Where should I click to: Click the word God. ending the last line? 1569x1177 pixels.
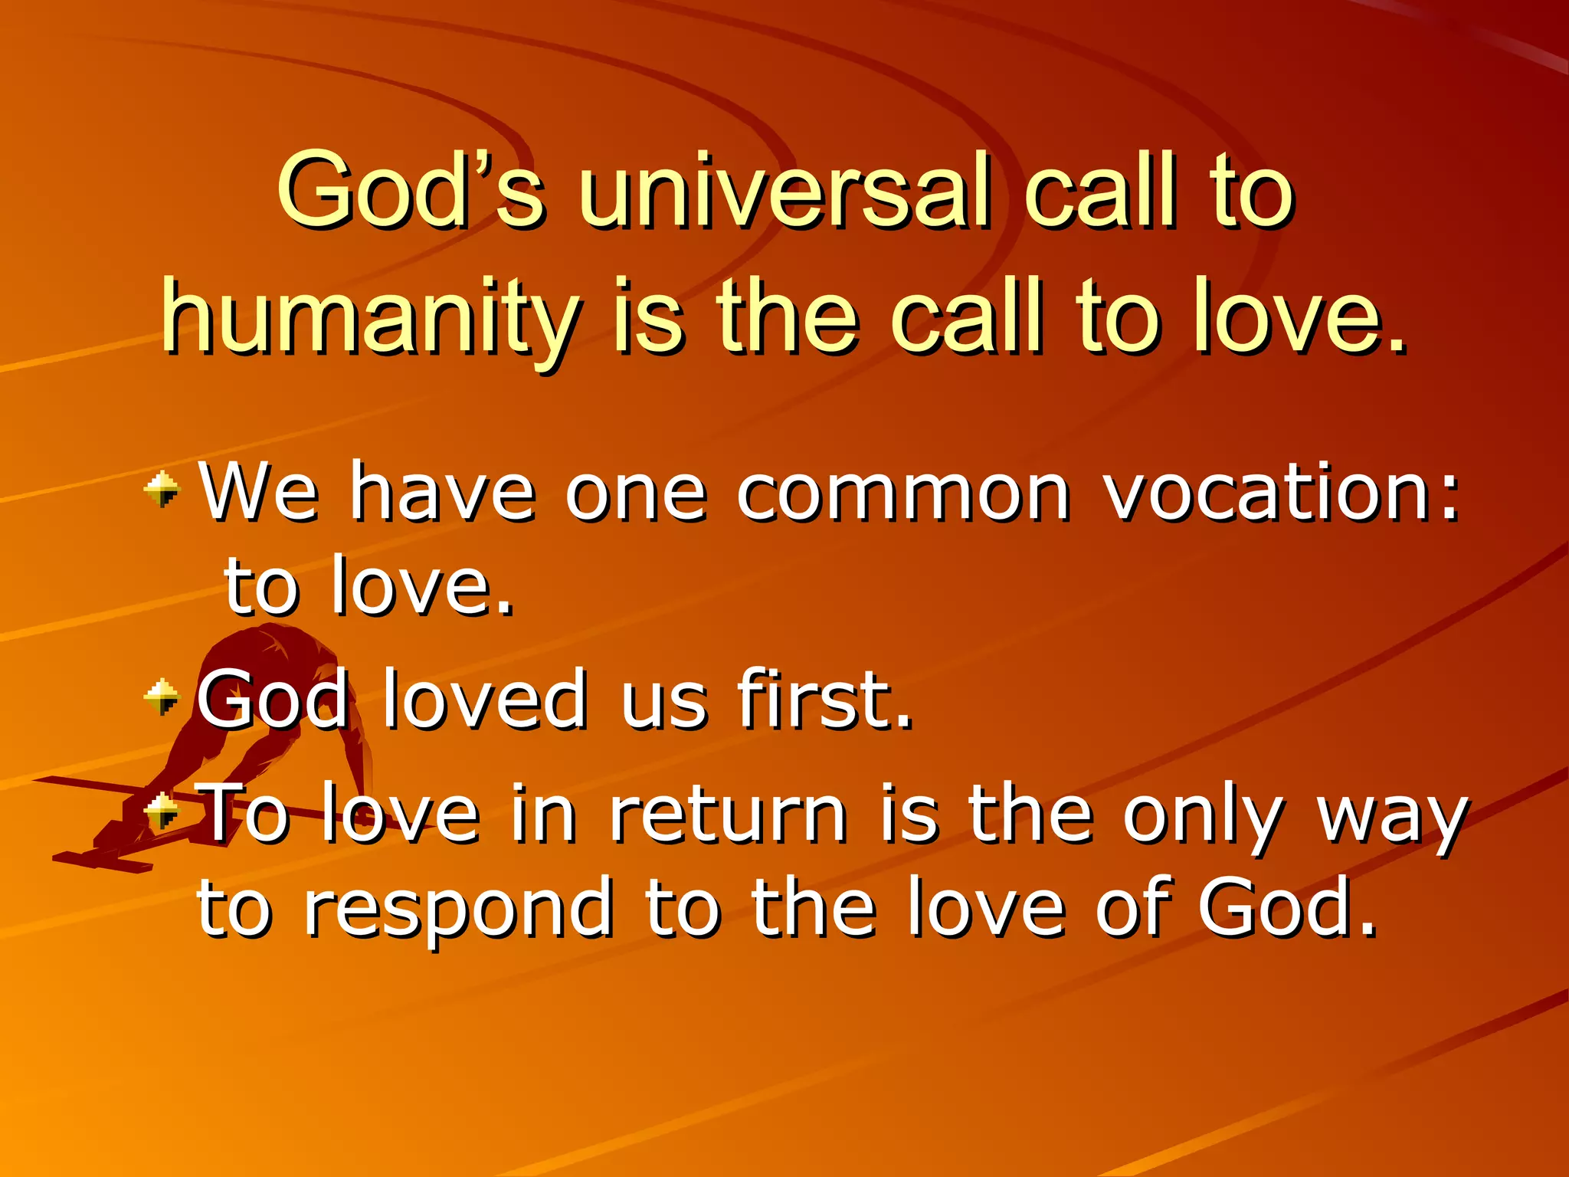[x=1287, y=910]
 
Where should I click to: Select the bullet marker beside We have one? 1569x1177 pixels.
[x=162, y=490]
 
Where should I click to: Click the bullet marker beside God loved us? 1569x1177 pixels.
[x=162, y=697]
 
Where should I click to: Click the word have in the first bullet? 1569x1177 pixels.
[x=442, y=494]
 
